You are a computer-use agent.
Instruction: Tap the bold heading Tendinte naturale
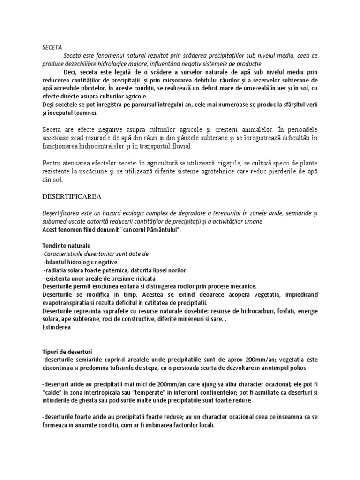point(67,246)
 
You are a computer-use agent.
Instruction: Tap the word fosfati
point(287,311)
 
